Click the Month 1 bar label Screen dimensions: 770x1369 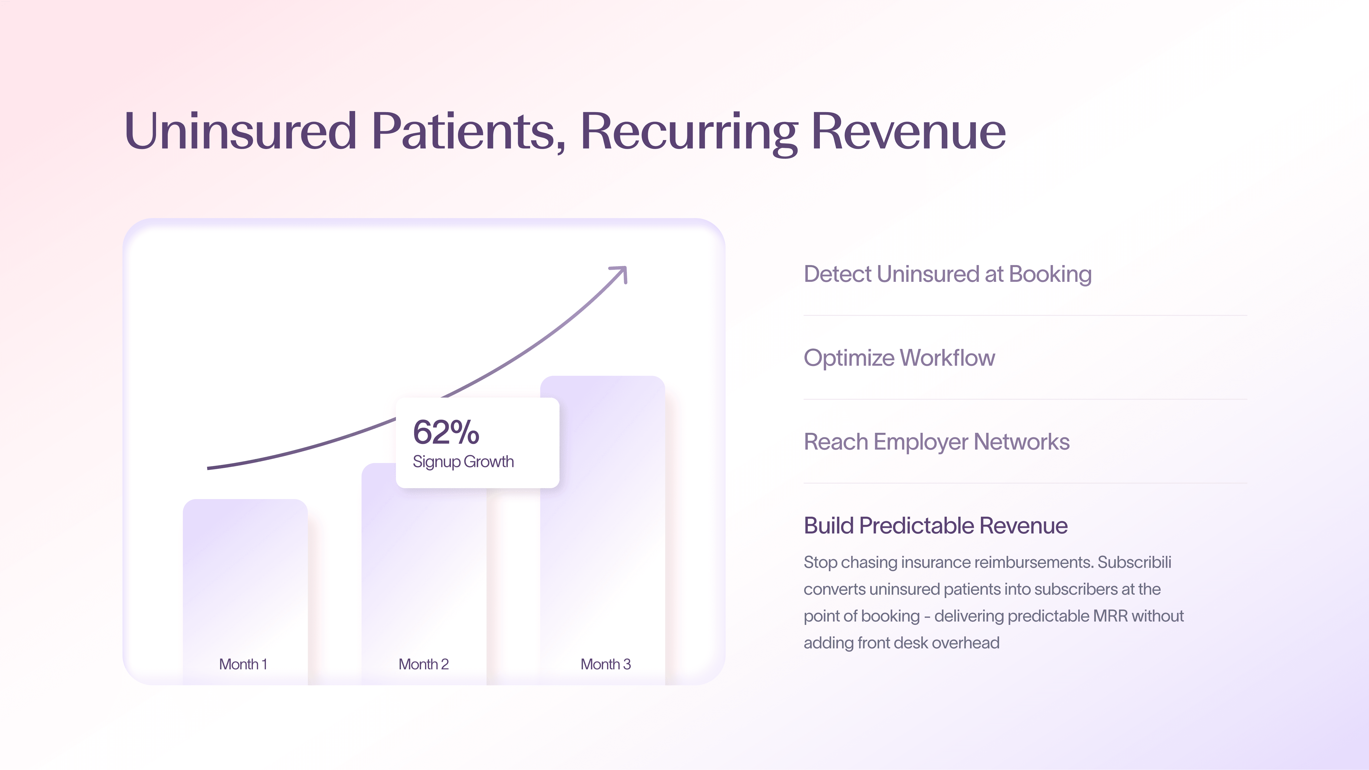coord(243,664)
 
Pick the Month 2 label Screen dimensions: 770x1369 coord(424,664)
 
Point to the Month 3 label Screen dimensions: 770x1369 coord(605,664)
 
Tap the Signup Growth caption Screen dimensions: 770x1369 coord(463,461)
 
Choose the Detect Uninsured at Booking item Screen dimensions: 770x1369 coord(947,274)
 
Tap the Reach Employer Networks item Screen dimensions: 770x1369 coord(936,441)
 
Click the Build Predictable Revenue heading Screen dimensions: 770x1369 coord(935,526)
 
